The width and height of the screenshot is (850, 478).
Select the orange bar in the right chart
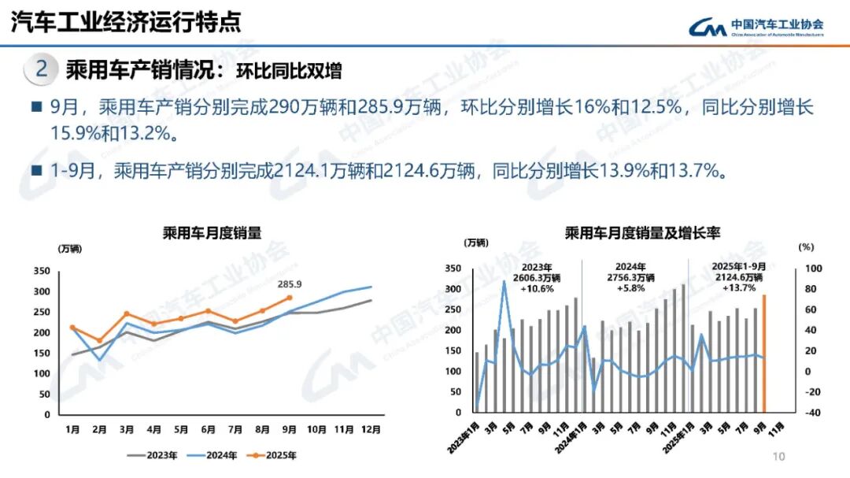point(763,354)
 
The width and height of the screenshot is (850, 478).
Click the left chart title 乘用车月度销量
point(212,232)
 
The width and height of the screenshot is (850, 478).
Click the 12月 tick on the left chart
point(371,429)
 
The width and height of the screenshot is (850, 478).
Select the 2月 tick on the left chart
point(99,429)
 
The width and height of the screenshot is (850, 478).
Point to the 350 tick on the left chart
point(42,271)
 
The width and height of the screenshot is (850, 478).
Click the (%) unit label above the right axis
point(806,247)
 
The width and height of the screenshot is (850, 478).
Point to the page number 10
point(779,457)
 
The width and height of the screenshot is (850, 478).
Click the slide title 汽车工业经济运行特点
point(126,22)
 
